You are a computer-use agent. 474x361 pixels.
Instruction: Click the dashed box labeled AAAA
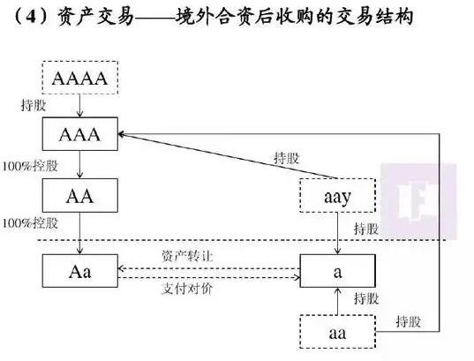point(80,79)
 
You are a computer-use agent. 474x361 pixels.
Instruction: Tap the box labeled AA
point(80,194)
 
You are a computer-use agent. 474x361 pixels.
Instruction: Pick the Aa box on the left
point(80,270)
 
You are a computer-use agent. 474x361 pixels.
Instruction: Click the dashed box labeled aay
point(337,194)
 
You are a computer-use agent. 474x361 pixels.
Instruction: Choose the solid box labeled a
point(337,270)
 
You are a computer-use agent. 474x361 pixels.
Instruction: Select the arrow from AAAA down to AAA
point(80,108)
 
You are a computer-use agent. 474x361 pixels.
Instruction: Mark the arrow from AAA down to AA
point(80,165)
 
